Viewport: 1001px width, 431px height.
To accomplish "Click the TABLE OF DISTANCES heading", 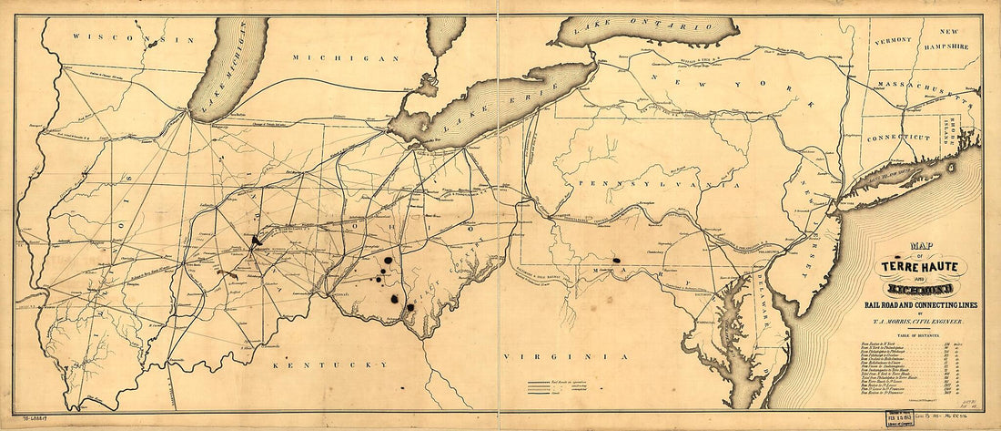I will (918, 335).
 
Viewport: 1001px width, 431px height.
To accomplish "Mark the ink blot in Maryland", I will (618, 260).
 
